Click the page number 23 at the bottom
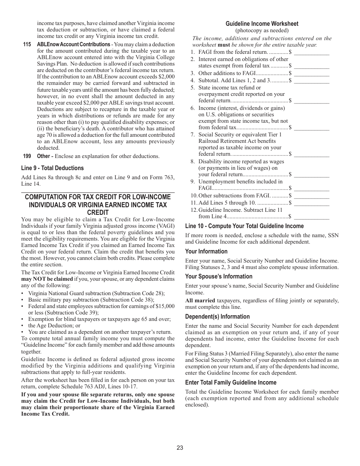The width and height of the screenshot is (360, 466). pos(180,447)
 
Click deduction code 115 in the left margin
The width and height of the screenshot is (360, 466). pos(27,44)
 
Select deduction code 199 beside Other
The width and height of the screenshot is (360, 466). pos(27,156)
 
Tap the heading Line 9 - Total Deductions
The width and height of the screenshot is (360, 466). pos(52,168)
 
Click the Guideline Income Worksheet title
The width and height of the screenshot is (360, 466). pos(262,23)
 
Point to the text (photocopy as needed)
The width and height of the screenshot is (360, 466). pos(262,30)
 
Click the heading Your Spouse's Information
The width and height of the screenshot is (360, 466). pos(219,276)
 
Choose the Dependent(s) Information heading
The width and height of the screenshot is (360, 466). pos(218,316)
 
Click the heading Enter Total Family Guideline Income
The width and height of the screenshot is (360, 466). pos(231,382)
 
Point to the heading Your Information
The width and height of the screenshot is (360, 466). pos(206,251)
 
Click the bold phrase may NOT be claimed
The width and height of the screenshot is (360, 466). pos(47,279)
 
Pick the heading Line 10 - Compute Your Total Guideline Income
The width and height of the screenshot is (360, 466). pos(244,226)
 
